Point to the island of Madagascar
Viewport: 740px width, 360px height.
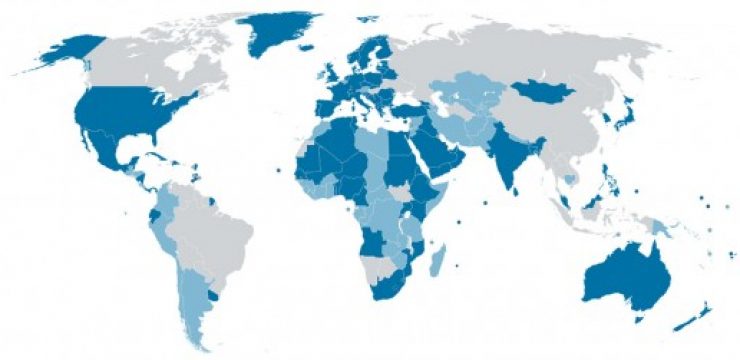coord(437,262)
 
